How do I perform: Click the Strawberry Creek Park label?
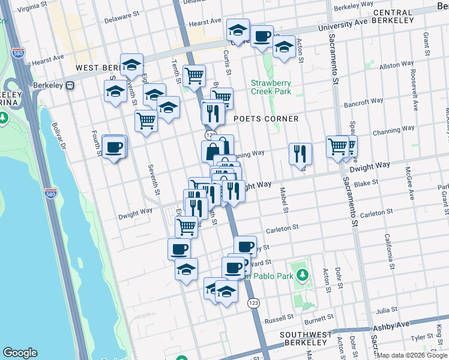pyautogui.click(x=271, y=87)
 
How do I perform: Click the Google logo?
pyautogui.click(x=20, y=353)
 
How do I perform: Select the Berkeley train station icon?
pyautogui.click(x=70, y=85)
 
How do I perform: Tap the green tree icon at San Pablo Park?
pyautogui.click(x=303, y=277)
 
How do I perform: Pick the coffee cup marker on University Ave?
pyautogui.click(x=262, y=36)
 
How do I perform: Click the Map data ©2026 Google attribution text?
pyautogui.click(x=412, y=355)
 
